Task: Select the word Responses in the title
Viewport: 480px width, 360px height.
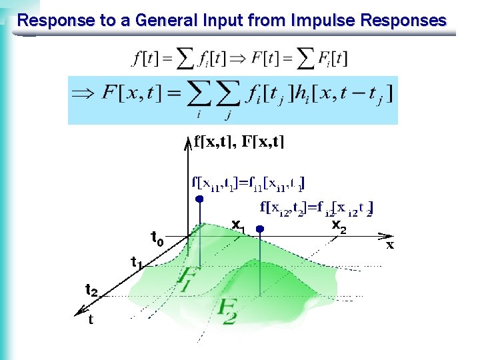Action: point(403,21)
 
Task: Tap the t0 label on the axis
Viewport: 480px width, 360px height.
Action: point(157,237)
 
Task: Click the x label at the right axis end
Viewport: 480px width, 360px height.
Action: point(391,245)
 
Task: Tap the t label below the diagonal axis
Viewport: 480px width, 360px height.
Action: point(91,321)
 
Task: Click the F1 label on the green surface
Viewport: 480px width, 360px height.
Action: point(189,277)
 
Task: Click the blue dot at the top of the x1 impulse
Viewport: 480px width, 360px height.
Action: point(199,199)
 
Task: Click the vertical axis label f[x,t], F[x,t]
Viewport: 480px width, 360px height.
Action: point(239,141)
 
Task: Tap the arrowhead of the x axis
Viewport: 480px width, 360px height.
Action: point(385,235)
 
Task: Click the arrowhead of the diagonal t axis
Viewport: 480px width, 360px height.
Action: point(80,309)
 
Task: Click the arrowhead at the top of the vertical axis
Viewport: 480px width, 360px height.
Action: point(185,141)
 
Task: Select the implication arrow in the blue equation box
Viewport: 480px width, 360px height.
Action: point(83,94)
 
